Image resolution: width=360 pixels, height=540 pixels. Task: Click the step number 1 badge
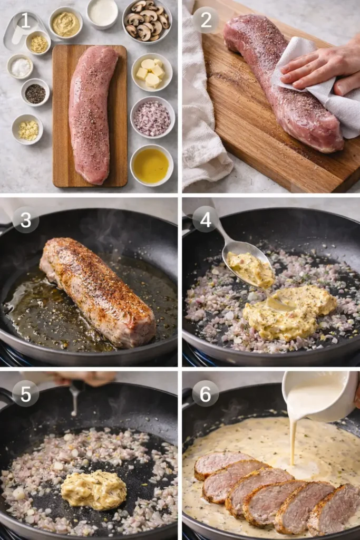tap(25, 21)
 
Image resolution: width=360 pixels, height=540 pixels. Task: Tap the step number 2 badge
tap(206, 21)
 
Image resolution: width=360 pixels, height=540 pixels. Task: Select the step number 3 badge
tap(25, 220)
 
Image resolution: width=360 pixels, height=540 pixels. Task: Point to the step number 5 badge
tap(25, 393)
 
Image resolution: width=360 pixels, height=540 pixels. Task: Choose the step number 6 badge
tap(206, 393)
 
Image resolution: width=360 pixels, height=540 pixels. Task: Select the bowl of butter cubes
tap(151, 72)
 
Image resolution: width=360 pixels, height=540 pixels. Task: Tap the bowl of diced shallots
tap(152, 117)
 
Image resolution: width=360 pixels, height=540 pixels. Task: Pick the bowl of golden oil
tap(151, 165)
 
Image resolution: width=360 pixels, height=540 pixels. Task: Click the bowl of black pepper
tap(35, 93)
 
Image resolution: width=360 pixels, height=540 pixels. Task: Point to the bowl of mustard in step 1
tap(66, 23)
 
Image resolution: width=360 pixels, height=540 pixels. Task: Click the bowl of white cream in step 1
tap(102, 12)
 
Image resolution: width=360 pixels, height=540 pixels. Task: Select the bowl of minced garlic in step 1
tap(27, 129)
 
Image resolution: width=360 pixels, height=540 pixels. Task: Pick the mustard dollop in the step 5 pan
tap(94, 489)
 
